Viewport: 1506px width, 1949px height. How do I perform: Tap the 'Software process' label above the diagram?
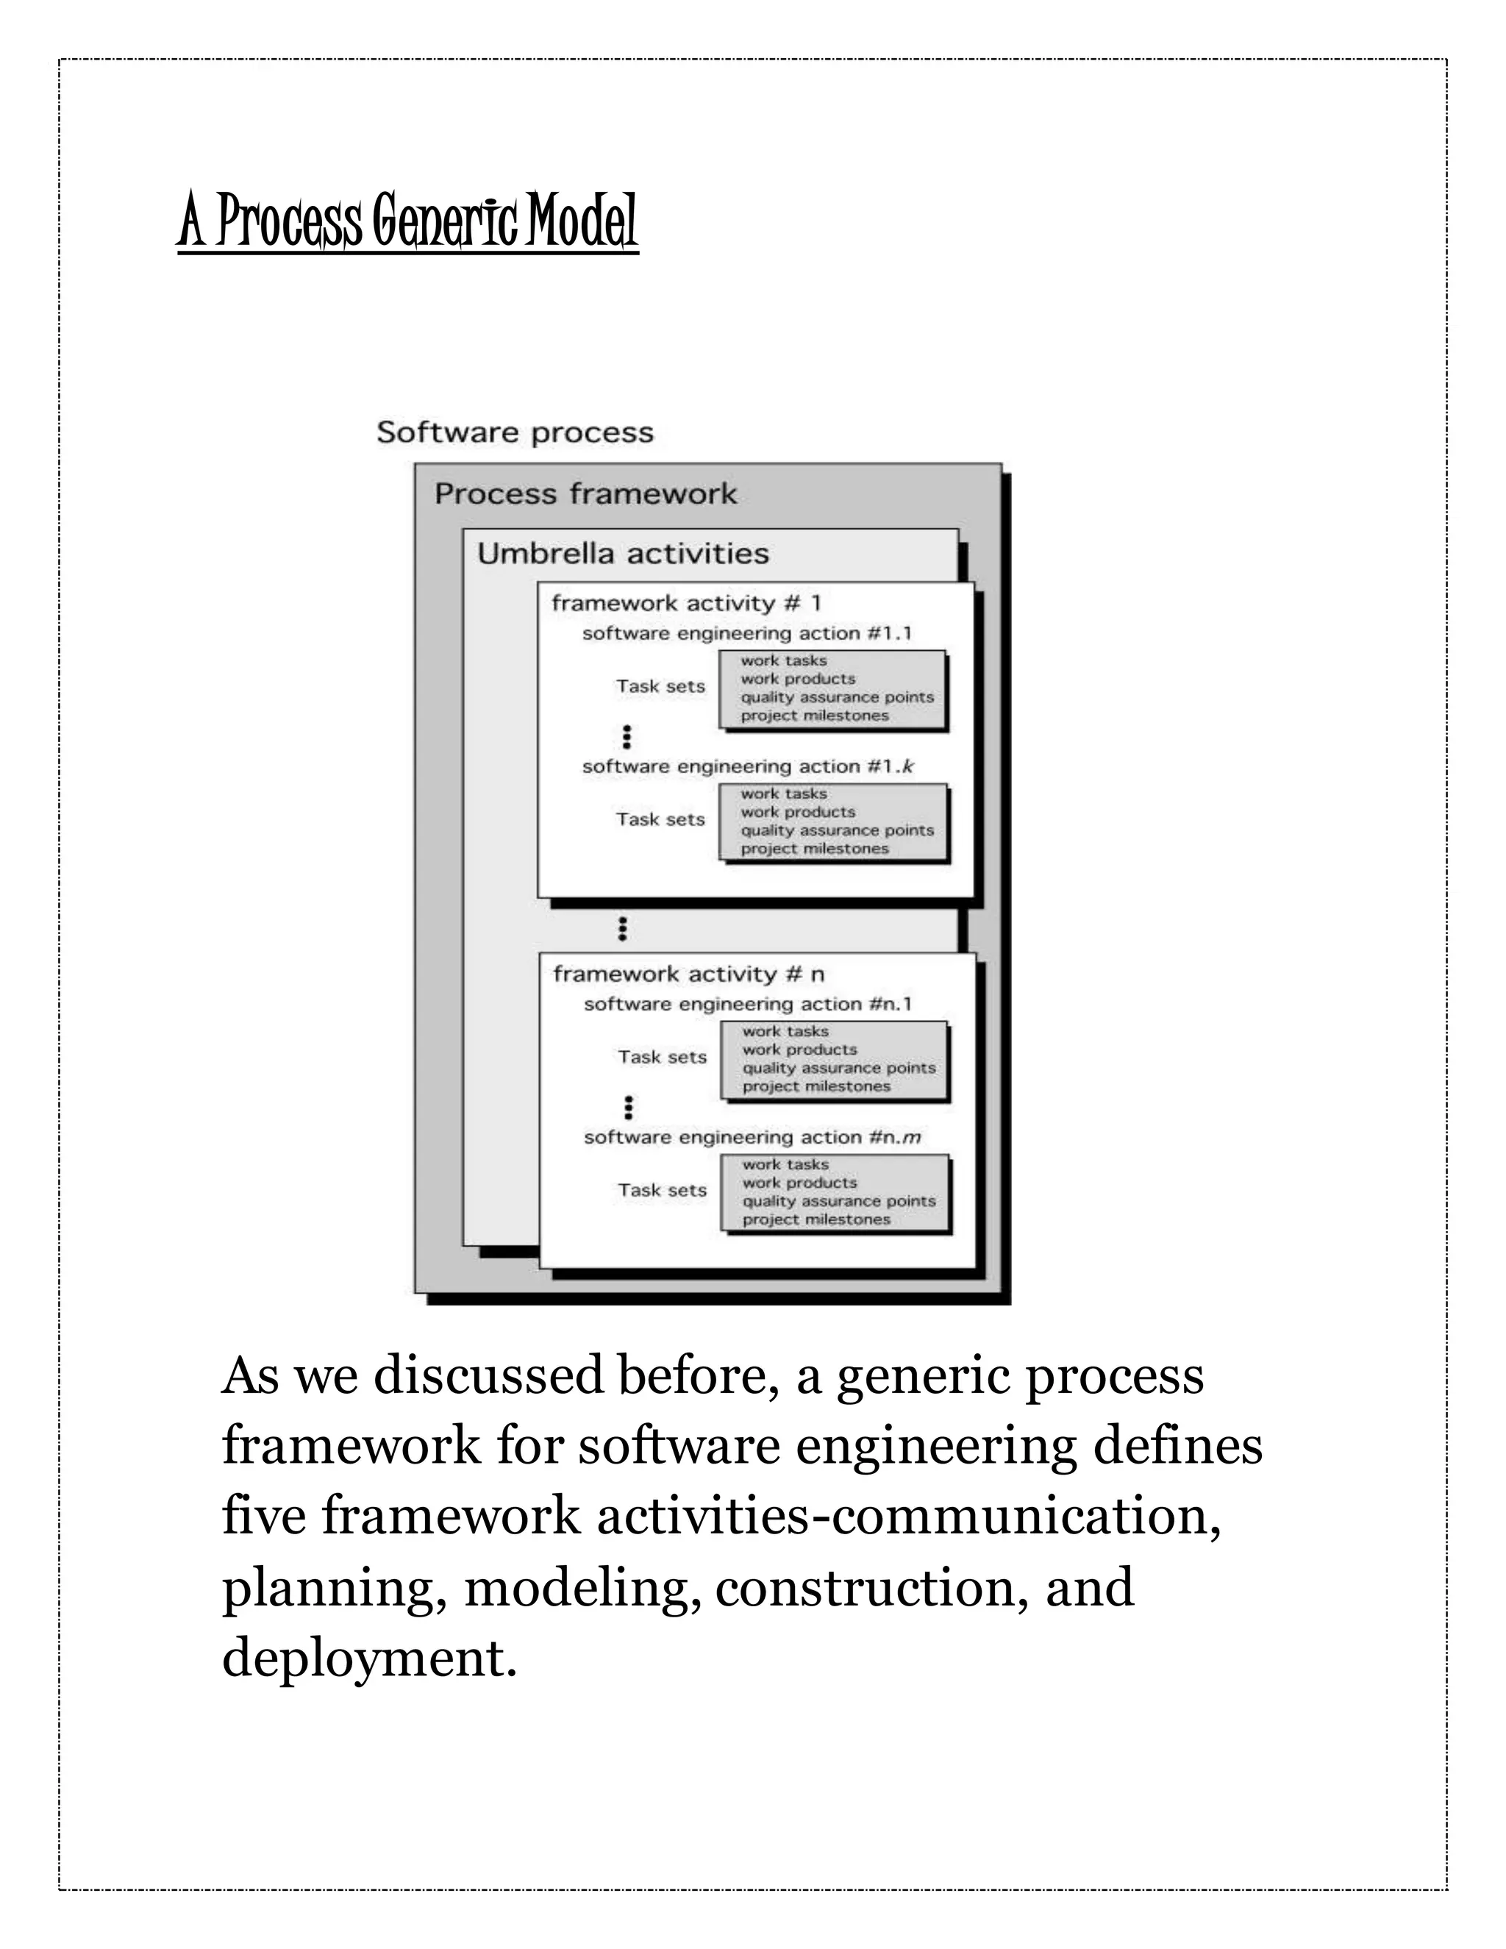pos(515,432)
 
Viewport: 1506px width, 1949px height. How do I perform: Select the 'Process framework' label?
pos(585,494)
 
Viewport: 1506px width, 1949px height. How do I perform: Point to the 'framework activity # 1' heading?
pos(686,603)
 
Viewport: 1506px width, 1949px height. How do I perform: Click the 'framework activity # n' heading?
pos(688,974)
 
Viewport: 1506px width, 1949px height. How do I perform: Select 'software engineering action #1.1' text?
pos(747,633)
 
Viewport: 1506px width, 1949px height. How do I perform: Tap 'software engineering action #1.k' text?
pos(748,766)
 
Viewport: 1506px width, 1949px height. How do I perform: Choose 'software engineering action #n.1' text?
pos(748,1004)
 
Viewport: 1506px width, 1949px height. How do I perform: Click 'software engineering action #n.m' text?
pos(752,1137)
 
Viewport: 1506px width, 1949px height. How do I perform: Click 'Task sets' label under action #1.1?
pos(660,686)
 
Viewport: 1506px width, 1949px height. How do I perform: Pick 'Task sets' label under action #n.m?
pos(662,1191)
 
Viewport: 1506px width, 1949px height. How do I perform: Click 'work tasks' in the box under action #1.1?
pos(783,660)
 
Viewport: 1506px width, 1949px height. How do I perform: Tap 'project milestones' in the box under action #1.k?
pos(815,849)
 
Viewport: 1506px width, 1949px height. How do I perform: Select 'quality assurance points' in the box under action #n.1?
pos(838,1068)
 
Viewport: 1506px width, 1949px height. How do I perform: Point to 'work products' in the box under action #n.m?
pos(799,1183)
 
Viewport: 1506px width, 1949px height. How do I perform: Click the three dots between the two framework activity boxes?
pos(623,929)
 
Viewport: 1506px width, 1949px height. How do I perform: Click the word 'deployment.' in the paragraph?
pos(369,1658)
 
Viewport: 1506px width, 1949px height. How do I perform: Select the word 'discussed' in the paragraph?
pos(488,1375)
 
